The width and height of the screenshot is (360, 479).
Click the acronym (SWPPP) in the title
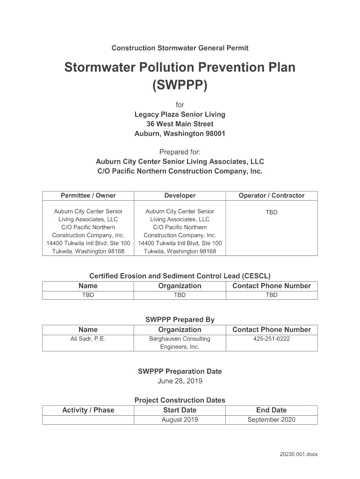(x=180, y=86)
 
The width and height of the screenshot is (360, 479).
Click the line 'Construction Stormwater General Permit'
(x=180, y=48)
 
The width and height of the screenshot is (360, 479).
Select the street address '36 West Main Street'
(x=180, y=124)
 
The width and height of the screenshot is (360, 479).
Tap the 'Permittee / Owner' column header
(x=88, y=196)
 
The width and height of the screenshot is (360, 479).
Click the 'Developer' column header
(x=180, y=196)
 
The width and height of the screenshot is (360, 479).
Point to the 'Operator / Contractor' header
(x=271, y=196)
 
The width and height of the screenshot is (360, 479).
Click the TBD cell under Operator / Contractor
(x=271, y=212)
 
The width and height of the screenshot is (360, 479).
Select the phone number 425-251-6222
(x=271, y=339)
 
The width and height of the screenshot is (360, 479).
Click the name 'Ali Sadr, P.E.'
(x=88, y=339)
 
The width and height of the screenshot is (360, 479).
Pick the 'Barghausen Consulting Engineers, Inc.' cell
(x=180, y=343)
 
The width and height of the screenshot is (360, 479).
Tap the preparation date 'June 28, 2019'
(x=180, y=381)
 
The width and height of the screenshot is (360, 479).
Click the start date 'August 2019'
(x=180, y=420)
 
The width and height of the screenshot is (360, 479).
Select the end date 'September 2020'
(x=271, y=420)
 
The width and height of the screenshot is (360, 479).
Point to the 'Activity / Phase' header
(x=88, y=410)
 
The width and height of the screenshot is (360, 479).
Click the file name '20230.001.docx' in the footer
(x=299, y=454)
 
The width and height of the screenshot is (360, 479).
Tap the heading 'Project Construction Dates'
(x=180, y=400)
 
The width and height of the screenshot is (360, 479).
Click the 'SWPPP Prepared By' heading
(x=180, y=320)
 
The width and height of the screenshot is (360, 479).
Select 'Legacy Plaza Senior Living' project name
(x=180, y=115)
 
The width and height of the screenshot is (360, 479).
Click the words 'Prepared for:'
(x=180, y=152)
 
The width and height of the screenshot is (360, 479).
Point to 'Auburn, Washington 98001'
(x=180, y=133)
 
